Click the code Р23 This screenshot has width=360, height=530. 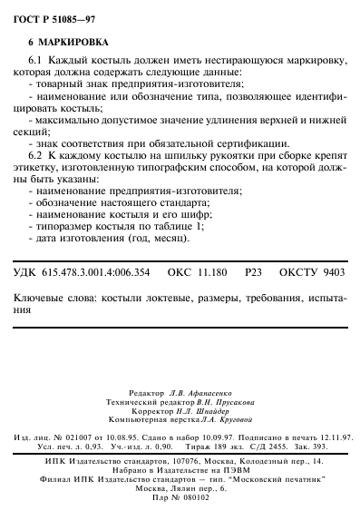tap(253, 271)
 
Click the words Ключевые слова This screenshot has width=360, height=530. tap(56, 297)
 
